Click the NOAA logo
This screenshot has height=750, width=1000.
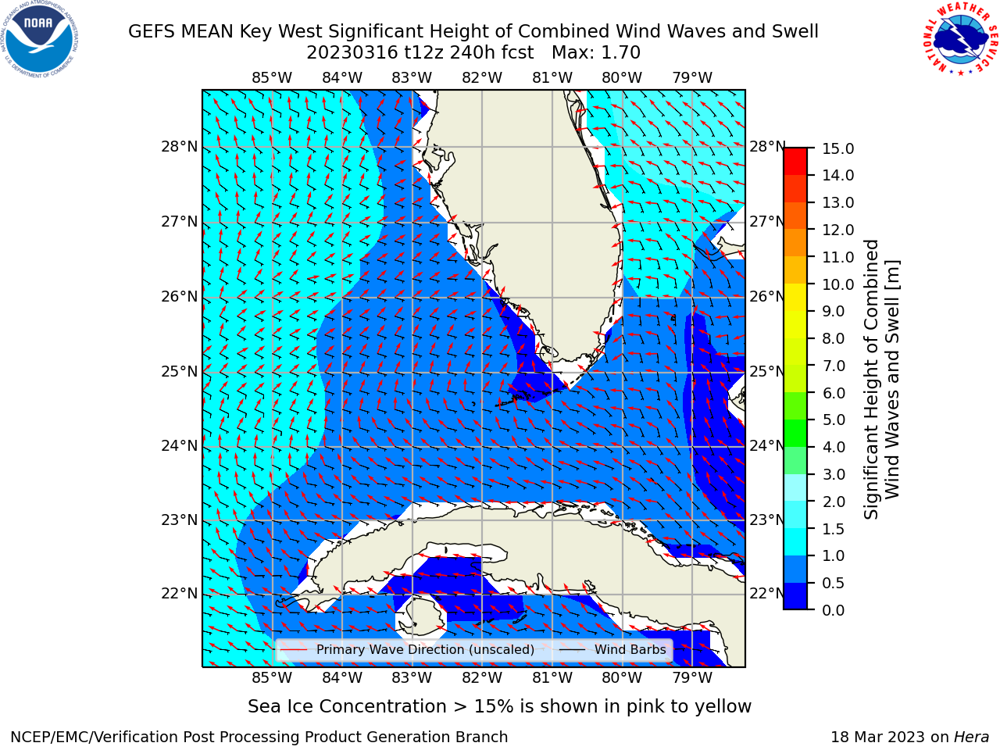[40, 40]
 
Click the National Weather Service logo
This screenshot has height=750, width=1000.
[960, 39]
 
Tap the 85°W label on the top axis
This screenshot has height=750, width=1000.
[272, 78]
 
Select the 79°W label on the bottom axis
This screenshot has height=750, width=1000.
[692, 677]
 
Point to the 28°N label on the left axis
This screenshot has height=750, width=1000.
[180, 147]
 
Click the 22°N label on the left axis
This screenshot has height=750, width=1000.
[180, 594]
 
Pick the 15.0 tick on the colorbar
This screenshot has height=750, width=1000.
[837, 148]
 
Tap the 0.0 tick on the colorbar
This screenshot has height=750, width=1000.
[834, 610]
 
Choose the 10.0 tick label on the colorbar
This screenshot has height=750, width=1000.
[837, 284]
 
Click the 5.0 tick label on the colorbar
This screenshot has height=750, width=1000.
[834, 420]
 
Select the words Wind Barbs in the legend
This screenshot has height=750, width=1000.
[630, 649]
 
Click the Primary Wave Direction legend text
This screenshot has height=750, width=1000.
[425, 649]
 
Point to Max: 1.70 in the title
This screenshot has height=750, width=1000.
[596, 53]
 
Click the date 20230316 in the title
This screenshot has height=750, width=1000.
[352, 53]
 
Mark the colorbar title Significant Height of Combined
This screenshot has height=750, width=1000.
[870, 380]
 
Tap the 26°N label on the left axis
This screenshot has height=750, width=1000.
[180, 297]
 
